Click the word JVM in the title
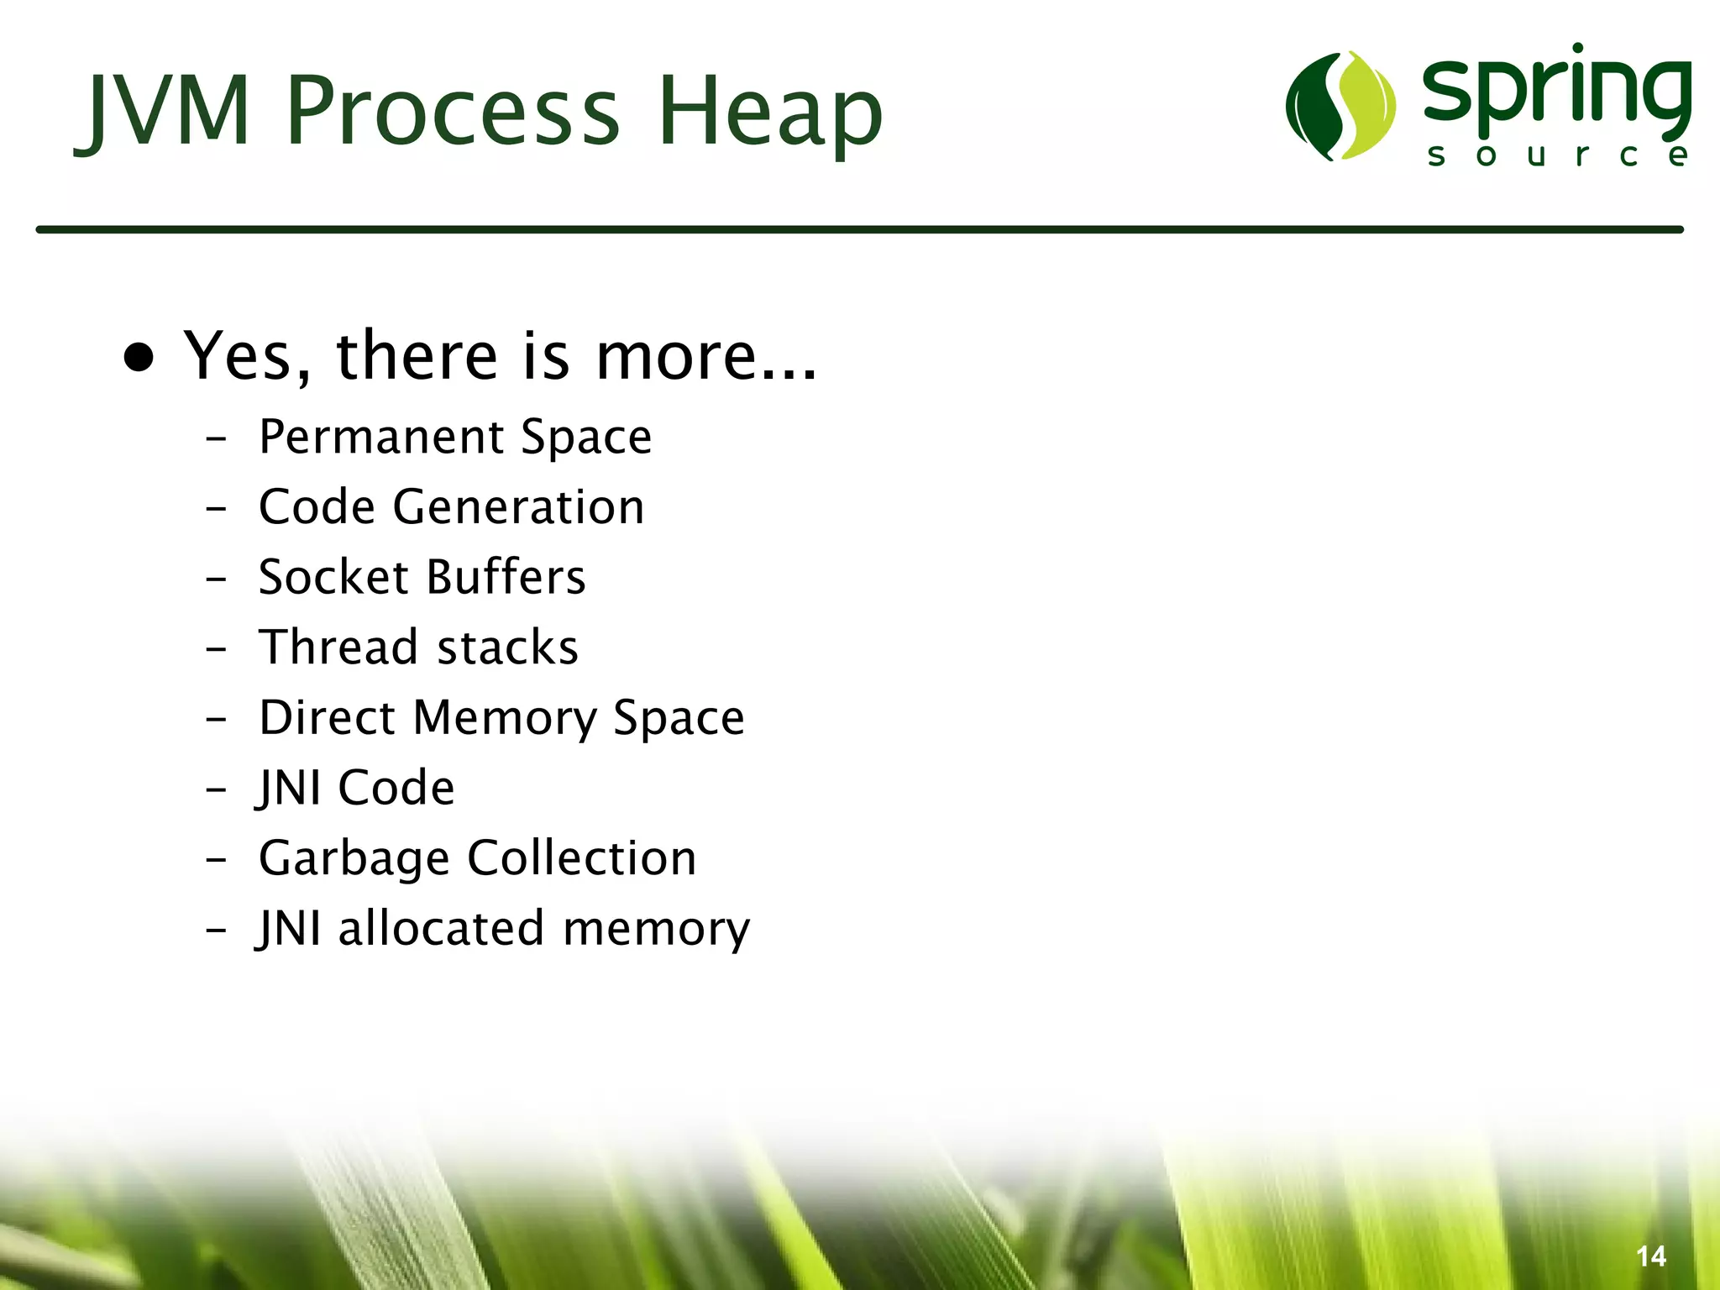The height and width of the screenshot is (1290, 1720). click(165, 111)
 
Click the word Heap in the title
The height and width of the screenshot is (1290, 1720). click(769, 111)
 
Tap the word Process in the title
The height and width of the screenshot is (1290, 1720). click(453, 111)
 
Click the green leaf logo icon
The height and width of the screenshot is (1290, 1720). click(1340, 106)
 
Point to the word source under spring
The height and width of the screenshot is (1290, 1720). click(1558, 155)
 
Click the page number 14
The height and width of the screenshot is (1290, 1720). click(1650, 1256)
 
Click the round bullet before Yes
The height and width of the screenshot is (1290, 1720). click(139, 358)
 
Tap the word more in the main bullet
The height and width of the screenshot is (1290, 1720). click(676, 356)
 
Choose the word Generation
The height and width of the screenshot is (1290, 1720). click(518, 507)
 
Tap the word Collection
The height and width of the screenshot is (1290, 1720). click(581, 858)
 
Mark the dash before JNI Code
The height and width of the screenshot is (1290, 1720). click(216, 789)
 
